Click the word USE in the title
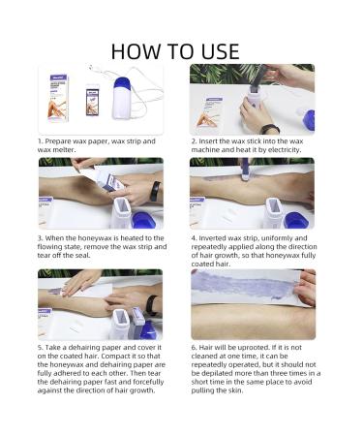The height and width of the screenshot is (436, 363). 220,51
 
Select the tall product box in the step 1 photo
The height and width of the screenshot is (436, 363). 58,98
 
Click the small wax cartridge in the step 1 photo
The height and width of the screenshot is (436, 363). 91,100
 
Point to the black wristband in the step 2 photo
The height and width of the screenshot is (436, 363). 270,129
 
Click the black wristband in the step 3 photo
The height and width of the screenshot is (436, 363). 155,191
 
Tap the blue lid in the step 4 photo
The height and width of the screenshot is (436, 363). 296,220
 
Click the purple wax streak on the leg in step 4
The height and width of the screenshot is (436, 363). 223,178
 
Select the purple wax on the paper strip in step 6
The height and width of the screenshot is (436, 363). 245,283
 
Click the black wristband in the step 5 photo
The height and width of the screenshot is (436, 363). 151,305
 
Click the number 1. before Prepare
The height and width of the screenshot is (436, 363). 40,141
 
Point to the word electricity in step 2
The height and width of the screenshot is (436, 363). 285,150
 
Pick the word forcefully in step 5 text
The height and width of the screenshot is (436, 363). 147,382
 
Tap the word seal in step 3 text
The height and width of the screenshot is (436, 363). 84,255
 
